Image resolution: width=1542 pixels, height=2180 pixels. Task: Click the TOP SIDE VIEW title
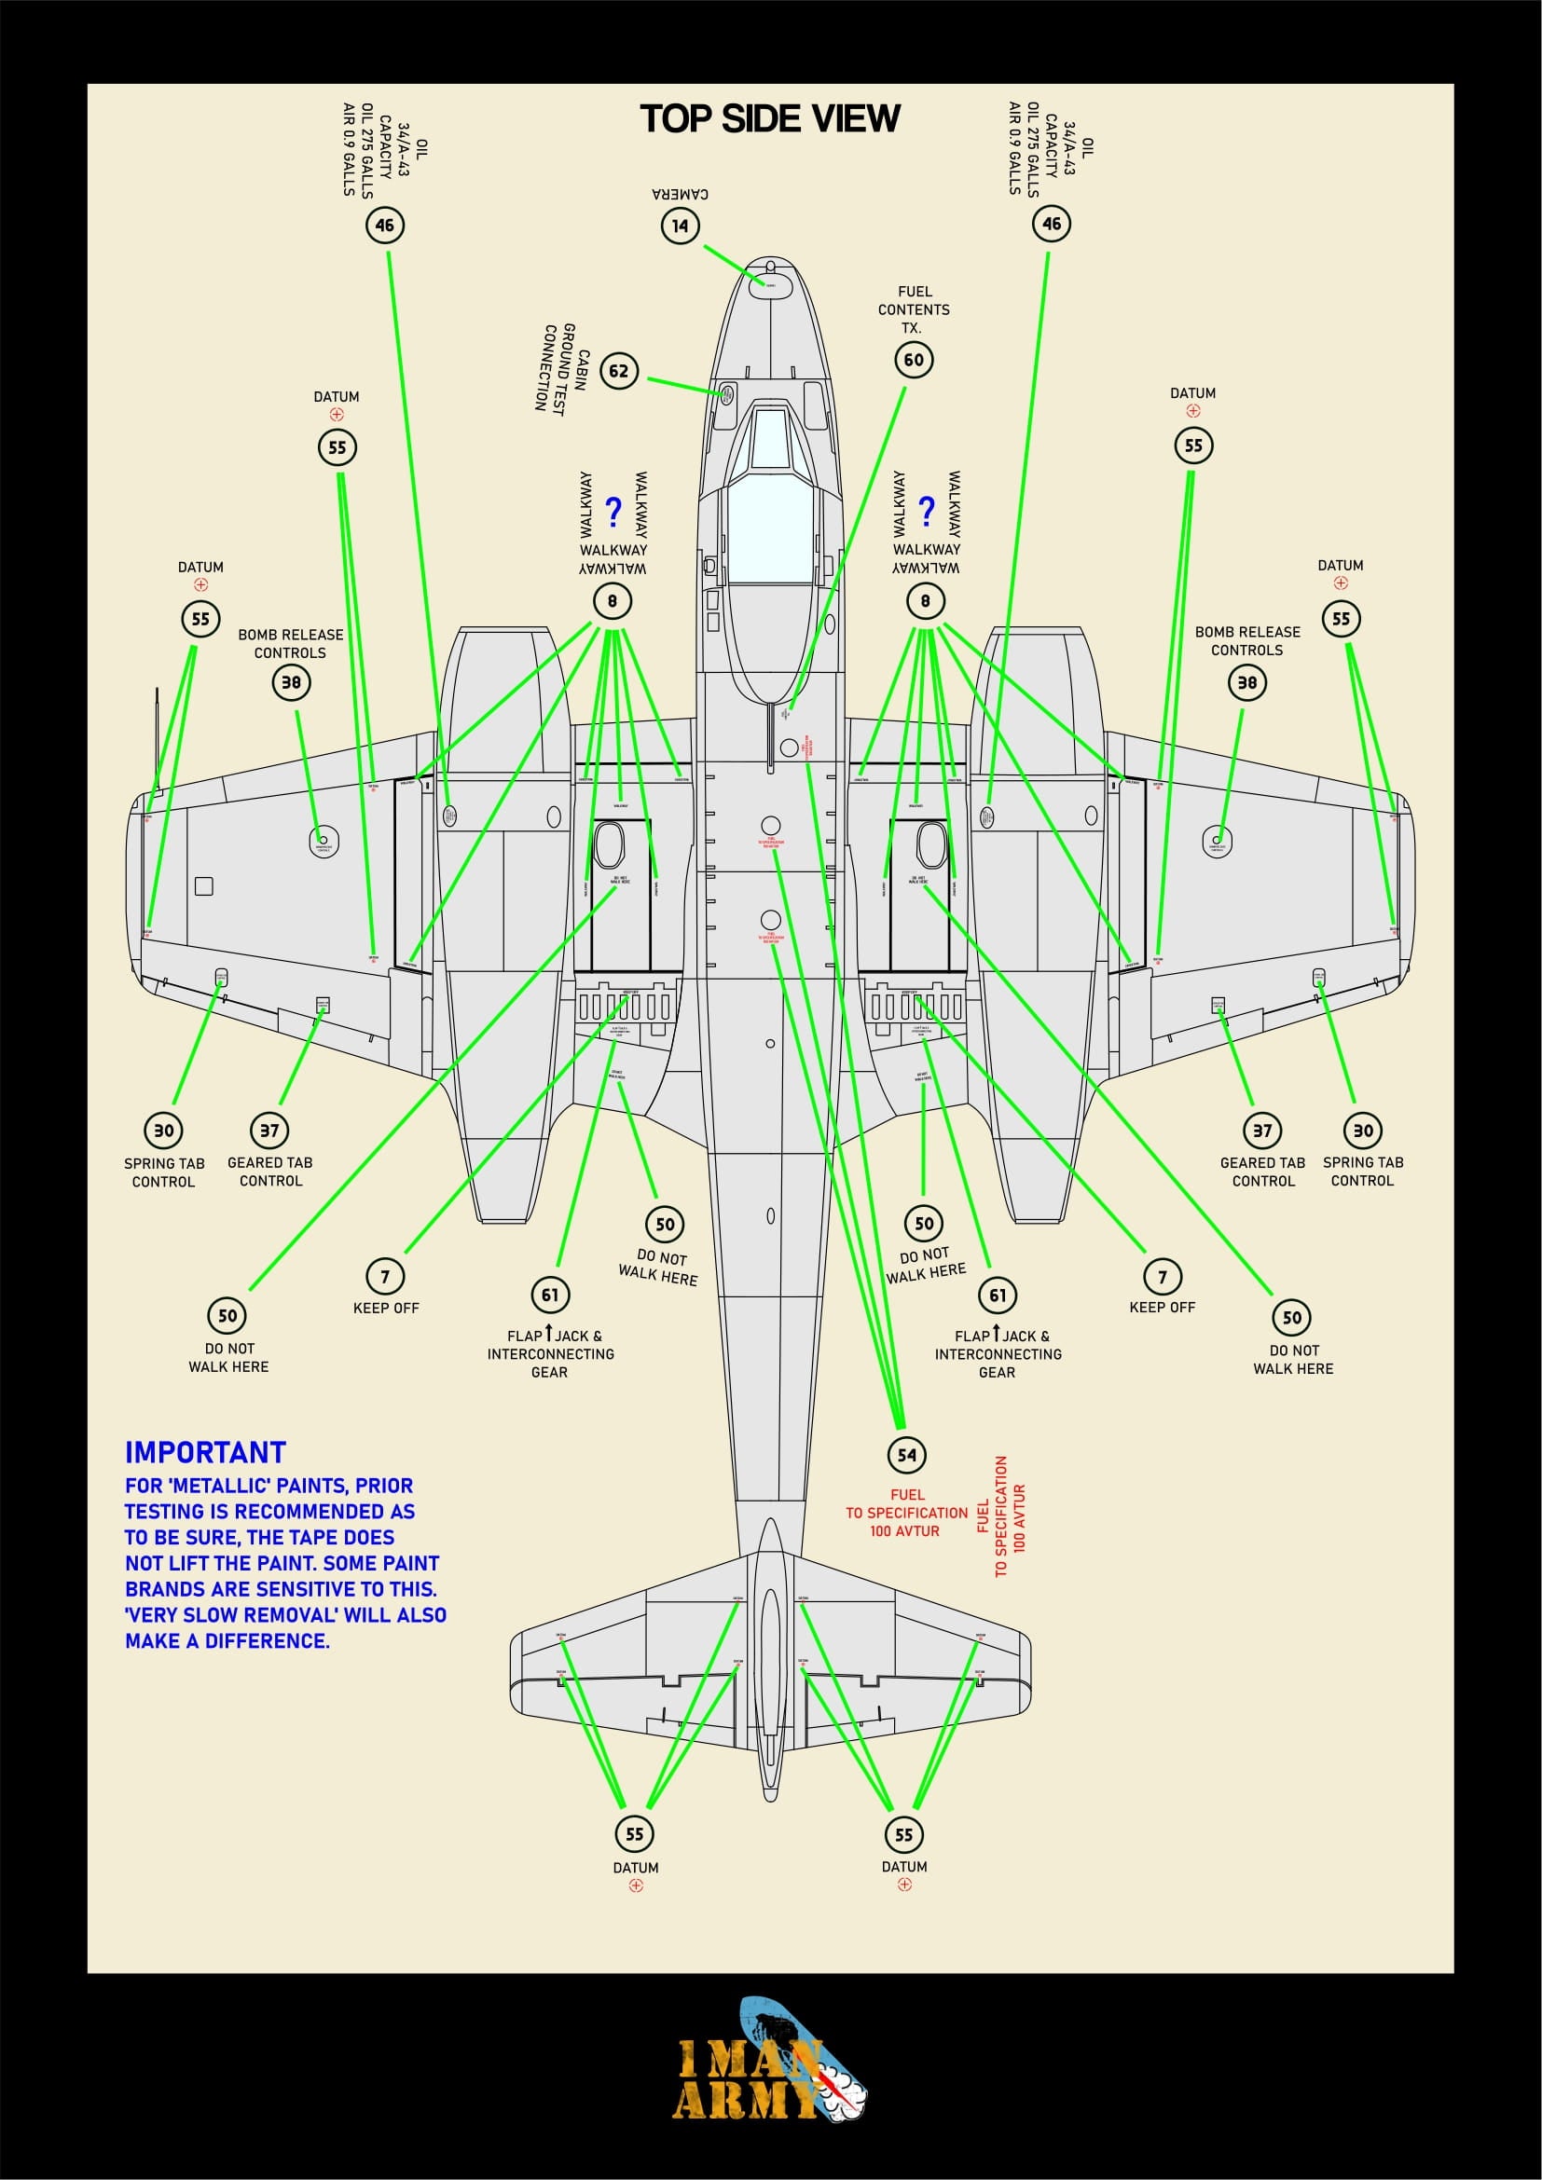[769, 118]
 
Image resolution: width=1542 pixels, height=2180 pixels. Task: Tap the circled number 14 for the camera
[680, 226]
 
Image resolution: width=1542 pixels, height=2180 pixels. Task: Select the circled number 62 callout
[618, 370]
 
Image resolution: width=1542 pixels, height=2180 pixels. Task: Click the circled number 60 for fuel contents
[914, 360]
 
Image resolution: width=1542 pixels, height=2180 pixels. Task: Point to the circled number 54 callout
[907, 1455]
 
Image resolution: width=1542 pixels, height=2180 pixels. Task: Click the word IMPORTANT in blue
[205, 1453]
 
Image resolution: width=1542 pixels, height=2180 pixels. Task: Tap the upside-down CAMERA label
[680, 194]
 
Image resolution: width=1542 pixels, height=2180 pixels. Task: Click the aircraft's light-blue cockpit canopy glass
[770, 531]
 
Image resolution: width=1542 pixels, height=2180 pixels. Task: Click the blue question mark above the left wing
[613, 512]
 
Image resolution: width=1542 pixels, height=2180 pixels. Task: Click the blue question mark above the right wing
[927, 511]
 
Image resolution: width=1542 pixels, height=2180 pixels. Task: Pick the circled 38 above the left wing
[291, 681]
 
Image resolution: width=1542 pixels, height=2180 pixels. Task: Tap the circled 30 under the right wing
[1363, 1130]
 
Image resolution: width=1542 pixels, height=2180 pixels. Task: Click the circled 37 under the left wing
[269, 1130]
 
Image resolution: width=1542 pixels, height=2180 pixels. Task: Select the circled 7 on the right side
[1163, 1276]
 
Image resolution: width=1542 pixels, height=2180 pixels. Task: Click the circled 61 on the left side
[550, 1295]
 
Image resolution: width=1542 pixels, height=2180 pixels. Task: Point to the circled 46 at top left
[384, 225]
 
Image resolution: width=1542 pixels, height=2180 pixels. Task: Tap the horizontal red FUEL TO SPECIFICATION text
[906, 1513]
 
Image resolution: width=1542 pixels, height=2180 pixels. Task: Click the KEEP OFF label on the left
[386, 1308]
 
